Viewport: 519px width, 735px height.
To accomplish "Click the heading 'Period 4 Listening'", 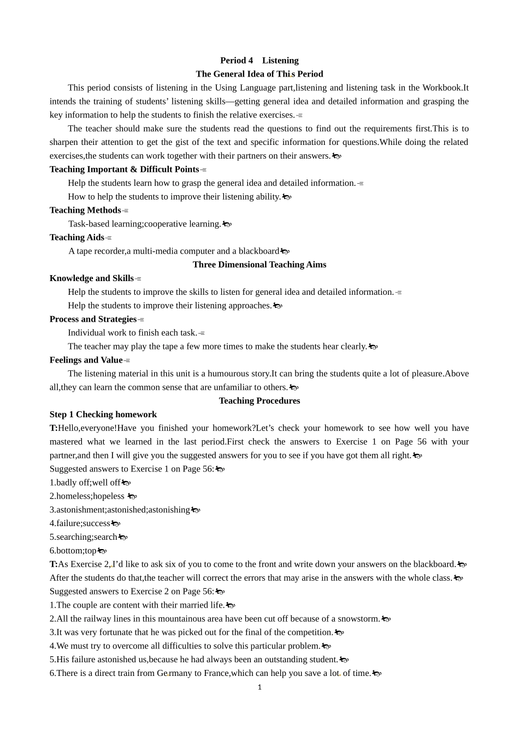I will point(259,61).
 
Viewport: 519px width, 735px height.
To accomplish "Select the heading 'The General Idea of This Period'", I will point(259,74).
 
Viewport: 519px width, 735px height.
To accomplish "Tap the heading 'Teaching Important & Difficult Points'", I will point(124,170).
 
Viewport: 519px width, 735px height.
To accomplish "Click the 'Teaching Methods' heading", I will point(85,211).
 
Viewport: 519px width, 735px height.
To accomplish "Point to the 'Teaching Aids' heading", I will point(76,237).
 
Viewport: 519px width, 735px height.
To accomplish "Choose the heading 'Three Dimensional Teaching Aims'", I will point(259,265).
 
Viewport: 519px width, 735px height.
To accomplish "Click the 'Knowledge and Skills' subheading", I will point(91,278).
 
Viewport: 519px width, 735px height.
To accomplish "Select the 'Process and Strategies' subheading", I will point(93,319).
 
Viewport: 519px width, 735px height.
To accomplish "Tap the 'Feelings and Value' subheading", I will point(86,360).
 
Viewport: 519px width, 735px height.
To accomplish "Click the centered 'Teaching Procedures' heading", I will point(259,401).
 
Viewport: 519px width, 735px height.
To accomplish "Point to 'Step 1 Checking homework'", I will point(103,415).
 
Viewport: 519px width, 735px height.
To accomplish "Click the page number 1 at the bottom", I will point(259,687).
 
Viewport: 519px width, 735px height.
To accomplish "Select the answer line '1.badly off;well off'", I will point(85,483).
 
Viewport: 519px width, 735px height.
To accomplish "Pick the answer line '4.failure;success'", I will point(80,523).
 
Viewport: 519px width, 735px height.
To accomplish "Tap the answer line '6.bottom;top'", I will point(73,551).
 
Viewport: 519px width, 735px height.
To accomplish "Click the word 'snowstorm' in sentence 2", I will point(358,619).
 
